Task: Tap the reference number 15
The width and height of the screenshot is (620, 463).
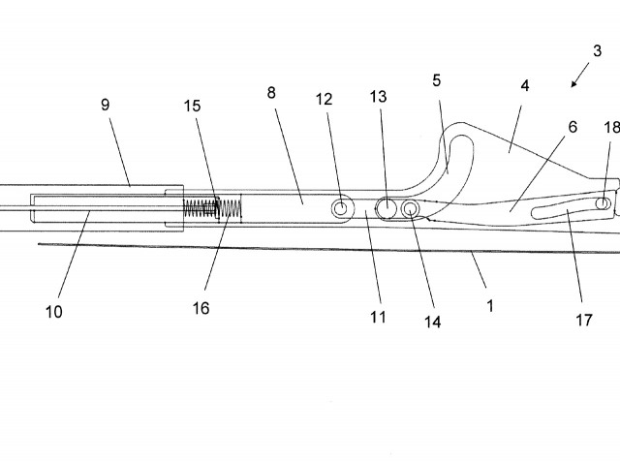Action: pos(193,107)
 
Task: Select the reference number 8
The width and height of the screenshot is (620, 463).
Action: pos(271,94)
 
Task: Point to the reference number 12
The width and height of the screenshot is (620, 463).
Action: pos(324,99)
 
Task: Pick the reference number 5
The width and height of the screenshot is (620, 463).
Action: pos(437,80)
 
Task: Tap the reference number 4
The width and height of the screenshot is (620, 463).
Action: pos(524,85)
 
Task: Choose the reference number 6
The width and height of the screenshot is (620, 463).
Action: pos(572,128)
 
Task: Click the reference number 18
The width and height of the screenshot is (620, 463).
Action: pos(610,127)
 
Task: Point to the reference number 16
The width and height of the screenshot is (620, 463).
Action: pos(201,308)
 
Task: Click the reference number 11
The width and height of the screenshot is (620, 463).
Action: pos(378,316)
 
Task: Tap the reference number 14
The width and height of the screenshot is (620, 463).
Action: pos(433,321)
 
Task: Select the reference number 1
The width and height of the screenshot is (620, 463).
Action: pos(490,305)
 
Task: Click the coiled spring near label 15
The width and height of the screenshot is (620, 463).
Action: pos(205,208)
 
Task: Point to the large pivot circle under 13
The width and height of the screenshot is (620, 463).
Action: pos(387,207)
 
